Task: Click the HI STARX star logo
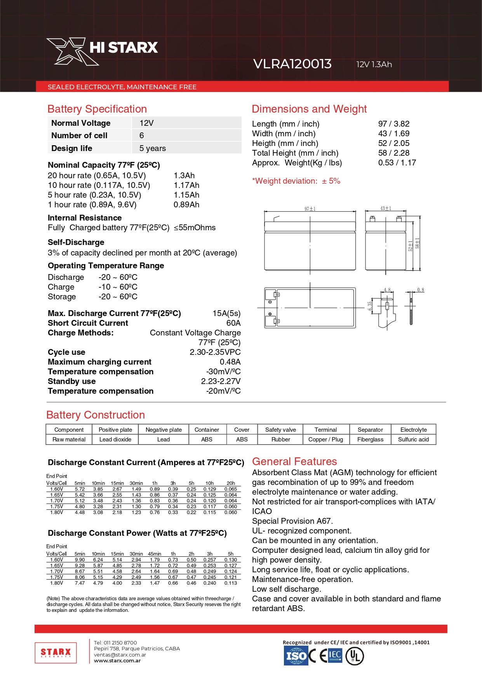pyautogui.click(x=72, y=51)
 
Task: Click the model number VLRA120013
pyautogui.click(x=292, y=64)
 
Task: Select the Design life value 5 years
pyautogui.click(x=153, y=148)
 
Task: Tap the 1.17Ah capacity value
pyautogui.click(x=186, y=185)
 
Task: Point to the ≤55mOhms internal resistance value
pyautogui.click(x=195, y=228)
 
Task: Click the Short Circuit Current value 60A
pyautogui.click(x=233, y=323)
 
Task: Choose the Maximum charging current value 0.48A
pyautogui.click(x=230, y=362)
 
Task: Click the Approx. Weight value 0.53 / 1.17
pyautogui.click(x=397, y=163)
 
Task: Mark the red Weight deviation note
pyautogui.click(x=296, y=181)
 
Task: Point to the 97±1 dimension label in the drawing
pyautogui.click(x=310, y=209)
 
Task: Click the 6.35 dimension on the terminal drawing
pyautogui.click(x=370, y=306)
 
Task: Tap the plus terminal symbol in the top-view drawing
pyautogui.click(x=270, y=314)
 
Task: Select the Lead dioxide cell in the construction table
pyautogui.click(x=115, y=440)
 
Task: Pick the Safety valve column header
pyautogui.click(x=280, y=430)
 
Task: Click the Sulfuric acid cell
pyautogui.click(x=413, y=440)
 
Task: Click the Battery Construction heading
pyautogui.click(x=96, y=415)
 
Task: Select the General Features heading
pyautogui.click(x=294, y=462)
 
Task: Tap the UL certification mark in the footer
pyautogui.click(x=354, y=657)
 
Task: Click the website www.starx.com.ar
pyautogui.click(x=117, y=661)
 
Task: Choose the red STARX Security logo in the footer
pyautogui.click(x=56, y=653)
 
